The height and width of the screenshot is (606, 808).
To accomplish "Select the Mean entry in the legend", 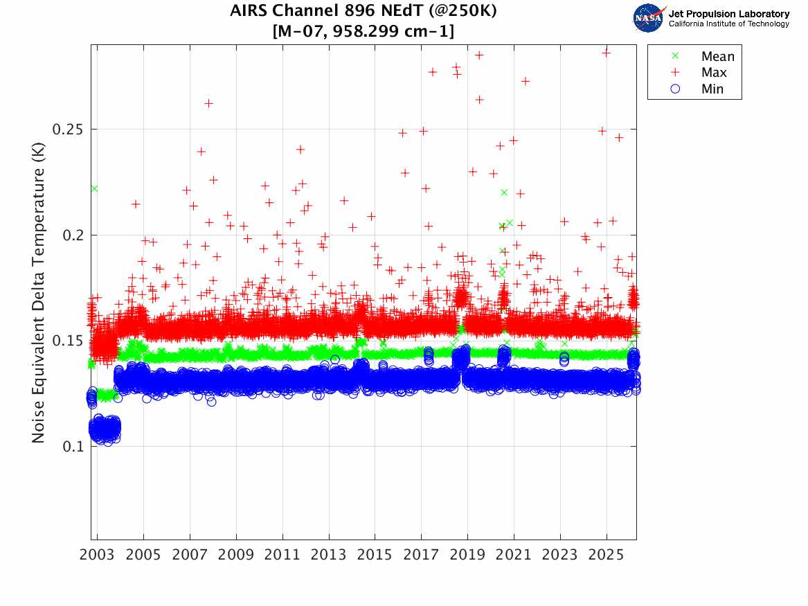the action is click(x=704, y=56).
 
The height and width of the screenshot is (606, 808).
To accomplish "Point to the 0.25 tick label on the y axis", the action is click(x=67, y=130).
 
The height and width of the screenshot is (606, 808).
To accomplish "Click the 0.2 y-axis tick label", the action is click(x=73, y=235).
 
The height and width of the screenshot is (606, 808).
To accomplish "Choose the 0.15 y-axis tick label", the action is click(x=67, y=341).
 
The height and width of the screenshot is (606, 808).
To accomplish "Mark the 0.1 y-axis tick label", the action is click(x=73, y=446).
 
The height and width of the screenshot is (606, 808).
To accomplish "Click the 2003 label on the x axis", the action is click(x=97, y=555).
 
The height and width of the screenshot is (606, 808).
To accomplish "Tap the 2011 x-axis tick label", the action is click(x=282, y=555).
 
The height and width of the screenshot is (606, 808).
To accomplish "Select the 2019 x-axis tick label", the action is click(x=467, y=555).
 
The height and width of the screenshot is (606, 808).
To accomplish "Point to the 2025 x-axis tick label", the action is click(x=607, y=555).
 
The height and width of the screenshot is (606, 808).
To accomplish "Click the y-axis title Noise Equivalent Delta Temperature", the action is click(x=38, y=292).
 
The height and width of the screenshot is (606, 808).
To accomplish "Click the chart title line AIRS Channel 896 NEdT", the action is click(x=363, y=10).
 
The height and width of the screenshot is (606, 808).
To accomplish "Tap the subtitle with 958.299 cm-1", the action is click(x=363, y=31).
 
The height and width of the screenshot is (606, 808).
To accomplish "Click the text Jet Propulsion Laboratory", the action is click(x=728, y=14).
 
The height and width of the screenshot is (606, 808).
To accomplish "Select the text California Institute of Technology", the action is click(x=728, y=24).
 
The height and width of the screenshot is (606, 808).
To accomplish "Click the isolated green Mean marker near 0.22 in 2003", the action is click(x=94, y=188).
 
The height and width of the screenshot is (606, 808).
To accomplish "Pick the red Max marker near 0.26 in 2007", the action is click(x=208, y=104).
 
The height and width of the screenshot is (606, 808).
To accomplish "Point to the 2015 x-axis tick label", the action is click(x=375, y=555).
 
